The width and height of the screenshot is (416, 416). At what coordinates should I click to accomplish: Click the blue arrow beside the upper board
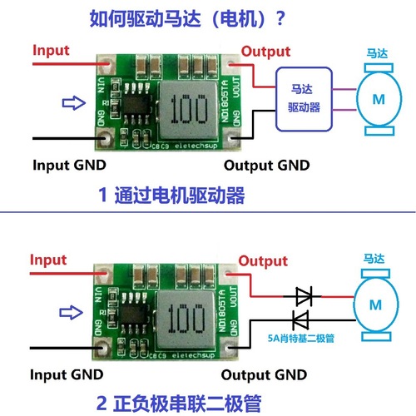(74, 103)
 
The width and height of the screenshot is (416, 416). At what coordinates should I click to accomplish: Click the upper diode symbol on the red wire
(303, 295)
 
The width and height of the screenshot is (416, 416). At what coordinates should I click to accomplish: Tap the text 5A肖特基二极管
(300, 338)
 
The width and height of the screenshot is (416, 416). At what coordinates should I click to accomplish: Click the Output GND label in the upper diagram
(266, 165)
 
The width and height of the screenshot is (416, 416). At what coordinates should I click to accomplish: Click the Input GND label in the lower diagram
(69, 375)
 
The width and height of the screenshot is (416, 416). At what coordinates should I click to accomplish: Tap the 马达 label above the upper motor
(376, 53)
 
